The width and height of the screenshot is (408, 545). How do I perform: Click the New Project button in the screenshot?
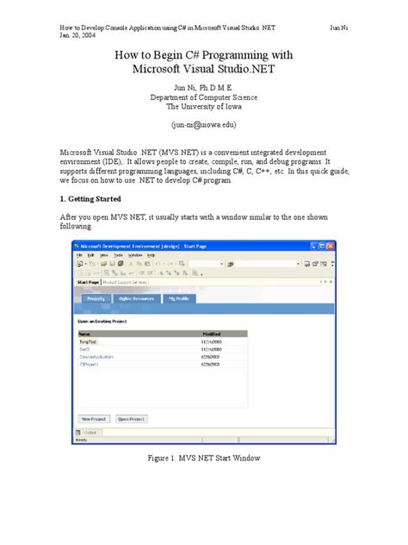92,418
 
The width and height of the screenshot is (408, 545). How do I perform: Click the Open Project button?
131,418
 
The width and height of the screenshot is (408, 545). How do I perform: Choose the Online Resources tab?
137,298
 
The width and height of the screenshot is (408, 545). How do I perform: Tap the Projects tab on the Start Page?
96,298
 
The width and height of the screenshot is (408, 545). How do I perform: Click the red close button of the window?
328,246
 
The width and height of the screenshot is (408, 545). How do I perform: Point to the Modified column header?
213,332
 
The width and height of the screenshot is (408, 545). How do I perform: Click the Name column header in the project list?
84,332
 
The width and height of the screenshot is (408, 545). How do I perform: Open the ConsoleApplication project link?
96,355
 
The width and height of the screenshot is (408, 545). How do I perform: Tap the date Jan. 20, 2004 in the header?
76,34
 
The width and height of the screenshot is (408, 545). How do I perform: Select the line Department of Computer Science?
204,97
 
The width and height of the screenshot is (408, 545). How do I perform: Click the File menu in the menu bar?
78,255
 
